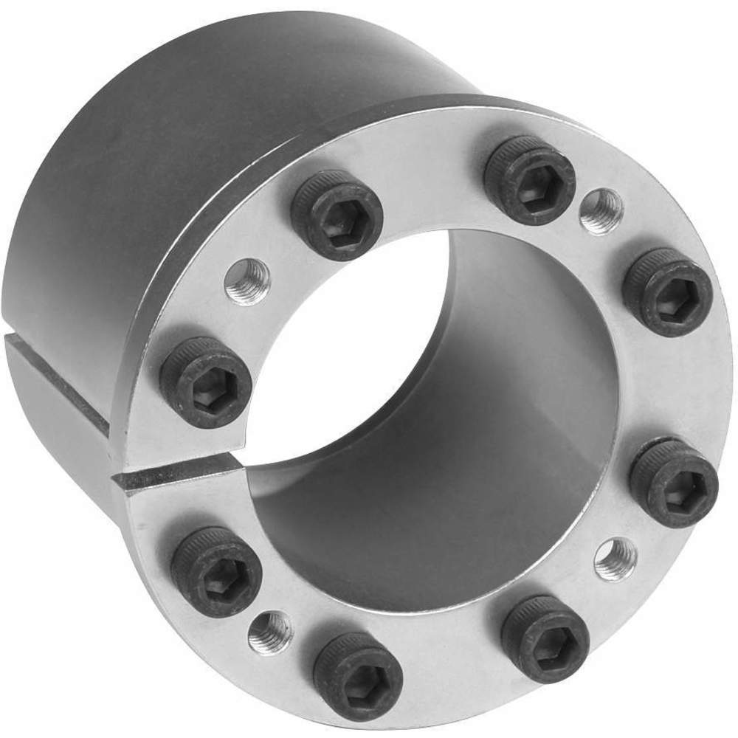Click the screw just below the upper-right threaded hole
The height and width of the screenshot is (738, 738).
pyautogui.click(x=666, y=292)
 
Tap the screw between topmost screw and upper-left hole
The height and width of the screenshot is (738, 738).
pyautogui.click(x=337, y=215)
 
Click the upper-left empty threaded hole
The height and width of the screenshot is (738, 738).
pyautogui.click(x=247, y=281)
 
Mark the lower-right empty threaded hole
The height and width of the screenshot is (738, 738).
pyautogui.click(x=615, y=559)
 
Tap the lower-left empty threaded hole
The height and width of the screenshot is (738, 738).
pyautogui.click(x=270, y=633)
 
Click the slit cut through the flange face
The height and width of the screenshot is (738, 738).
pyautogui.click(x=177, y=474)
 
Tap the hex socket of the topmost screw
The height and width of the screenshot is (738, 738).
pyautogui.click(x=530, y=181)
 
